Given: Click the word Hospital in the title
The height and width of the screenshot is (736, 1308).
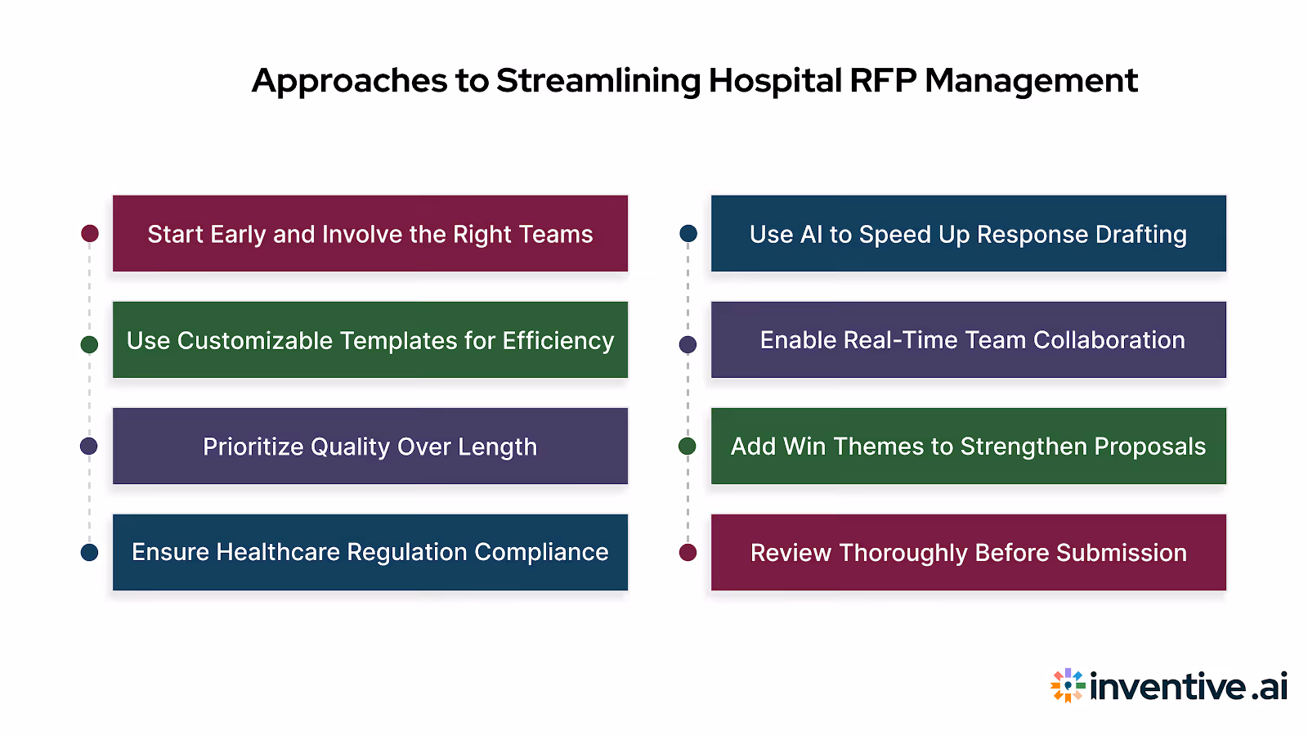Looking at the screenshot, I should pyautogui.click(x=775, y=81).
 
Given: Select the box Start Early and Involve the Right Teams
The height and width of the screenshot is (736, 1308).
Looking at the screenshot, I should pyautogui.click(x=370, y=234).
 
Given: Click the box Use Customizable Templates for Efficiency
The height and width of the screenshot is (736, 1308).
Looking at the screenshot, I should pyautogui.click(x=370, y=340).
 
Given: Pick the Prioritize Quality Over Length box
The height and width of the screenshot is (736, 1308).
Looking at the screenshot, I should pyautogui.click(x=370, y=447).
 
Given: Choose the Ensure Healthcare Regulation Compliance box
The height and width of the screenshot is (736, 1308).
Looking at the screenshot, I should pyautogui.click(x=370, y=553).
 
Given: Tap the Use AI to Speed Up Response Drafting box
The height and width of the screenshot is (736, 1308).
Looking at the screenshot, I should pyautogui.click(x=968, y=234).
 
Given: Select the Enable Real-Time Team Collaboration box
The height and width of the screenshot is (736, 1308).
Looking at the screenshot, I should pyautogui.click(x=968, y=340).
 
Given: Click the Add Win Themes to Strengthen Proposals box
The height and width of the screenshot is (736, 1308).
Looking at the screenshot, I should pyautogui.click(x=968, y=447).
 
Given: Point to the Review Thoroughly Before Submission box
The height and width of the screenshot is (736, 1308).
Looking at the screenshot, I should pyautogui.click(x=968, y=553).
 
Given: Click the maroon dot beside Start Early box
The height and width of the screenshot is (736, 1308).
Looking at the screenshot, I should pyautogui.click(x=90, y=234).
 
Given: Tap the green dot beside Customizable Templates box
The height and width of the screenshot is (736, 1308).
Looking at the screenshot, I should pyautogui.click(x=90, y=344).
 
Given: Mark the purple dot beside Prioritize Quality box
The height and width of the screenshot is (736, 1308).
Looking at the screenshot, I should pyautogui.click(x=89, y=447).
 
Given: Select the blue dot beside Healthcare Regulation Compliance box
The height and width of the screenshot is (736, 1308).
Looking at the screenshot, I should pyautogui.click(x=90, y=553).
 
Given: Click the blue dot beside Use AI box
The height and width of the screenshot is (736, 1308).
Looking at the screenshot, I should pyautogui.click(x=688, y=234).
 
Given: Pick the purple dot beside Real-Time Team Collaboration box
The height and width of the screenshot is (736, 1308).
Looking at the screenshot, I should pyautogui.click(x=688, y=344).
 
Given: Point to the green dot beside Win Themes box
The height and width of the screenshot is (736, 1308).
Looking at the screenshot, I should pyautogui.click(x=688, y=447).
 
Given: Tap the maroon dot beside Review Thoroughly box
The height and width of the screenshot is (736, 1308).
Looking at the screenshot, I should pyautogui.click(x=688, y=553).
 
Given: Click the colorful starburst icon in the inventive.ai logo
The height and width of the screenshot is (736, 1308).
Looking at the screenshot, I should pyautogui.click(x=1068, y=685).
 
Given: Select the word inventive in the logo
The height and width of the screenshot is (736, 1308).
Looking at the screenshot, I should pyautogui.click(x=1168, y=687).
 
